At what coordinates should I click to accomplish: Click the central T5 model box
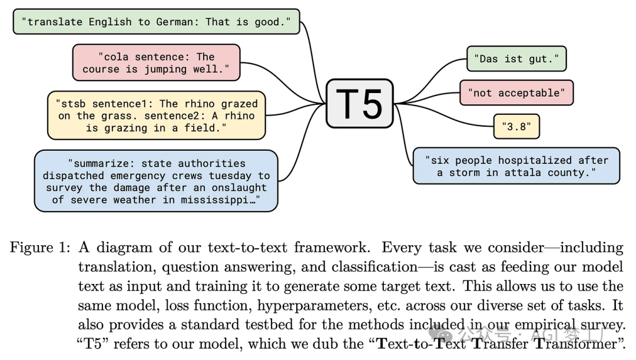(359, 104)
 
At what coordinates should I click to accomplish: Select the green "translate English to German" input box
(156, 22)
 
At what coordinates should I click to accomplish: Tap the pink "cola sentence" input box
(156, 62)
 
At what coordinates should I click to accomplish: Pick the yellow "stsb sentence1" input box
(156, 115)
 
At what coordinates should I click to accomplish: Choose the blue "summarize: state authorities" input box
(156, 181)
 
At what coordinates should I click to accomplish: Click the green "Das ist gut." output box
(516, 59)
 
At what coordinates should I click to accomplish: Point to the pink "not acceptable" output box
(516, 93)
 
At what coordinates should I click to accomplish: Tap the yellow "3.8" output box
(516, 126)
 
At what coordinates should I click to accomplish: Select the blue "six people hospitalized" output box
(516, 166)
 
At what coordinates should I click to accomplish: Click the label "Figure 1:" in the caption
(40, 247)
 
